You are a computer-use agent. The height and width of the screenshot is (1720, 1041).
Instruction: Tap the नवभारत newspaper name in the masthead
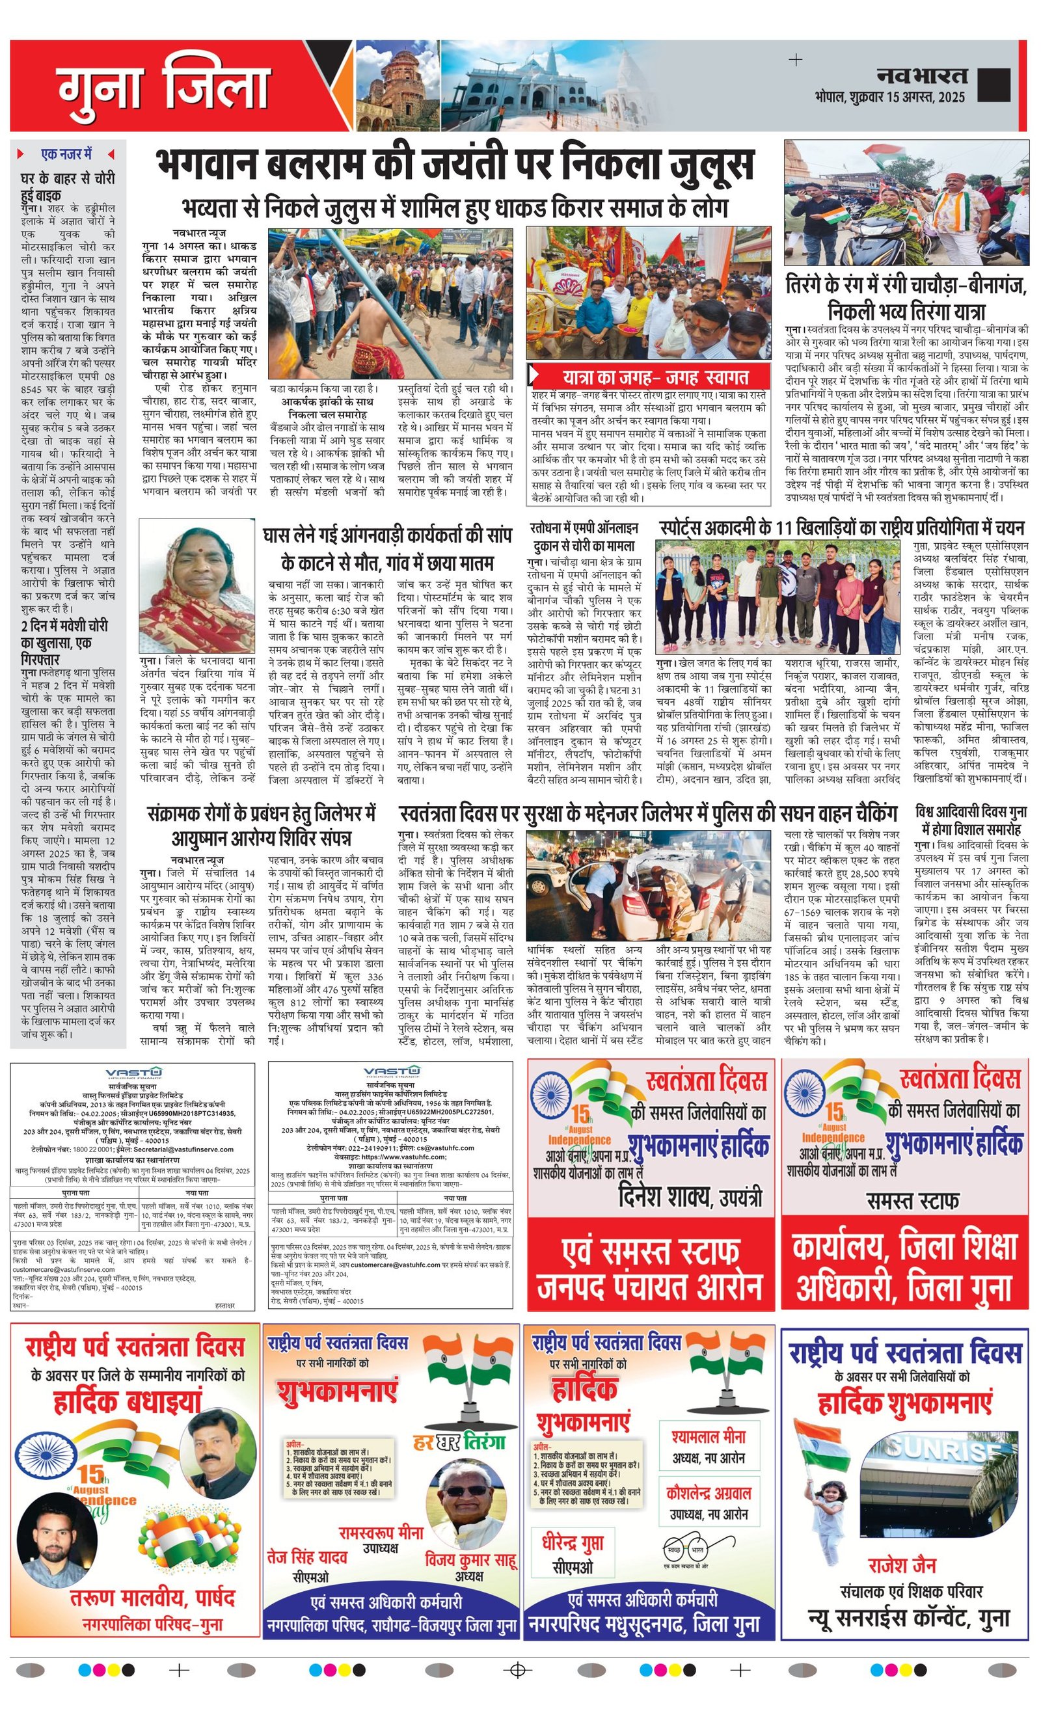point(921,75)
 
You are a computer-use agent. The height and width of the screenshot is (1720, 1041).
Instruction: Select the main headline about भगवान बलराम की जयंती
point(455,165)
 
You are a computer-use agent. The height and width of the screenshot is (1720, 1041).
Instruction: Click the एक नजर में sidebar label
point(66,154)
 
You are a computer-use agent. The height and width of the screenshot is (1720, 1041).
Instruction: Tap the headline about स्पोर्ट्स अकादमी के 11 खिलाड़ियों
point(841,528)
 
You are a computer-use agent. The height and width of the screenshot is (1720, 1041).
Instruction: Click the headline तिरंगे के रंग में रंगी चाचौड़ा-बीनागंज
point(906,297)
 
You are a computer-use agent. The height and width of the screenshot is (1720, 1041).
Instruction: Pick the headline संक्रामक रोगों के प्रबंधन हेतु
point(261,824)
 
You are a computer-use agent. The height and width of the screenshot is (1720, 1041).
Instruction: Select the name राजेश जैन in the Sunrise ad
point(902,1565)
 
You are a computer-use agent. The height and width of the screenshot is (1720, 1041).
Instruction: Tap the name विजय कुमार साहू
point(470,1559)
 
